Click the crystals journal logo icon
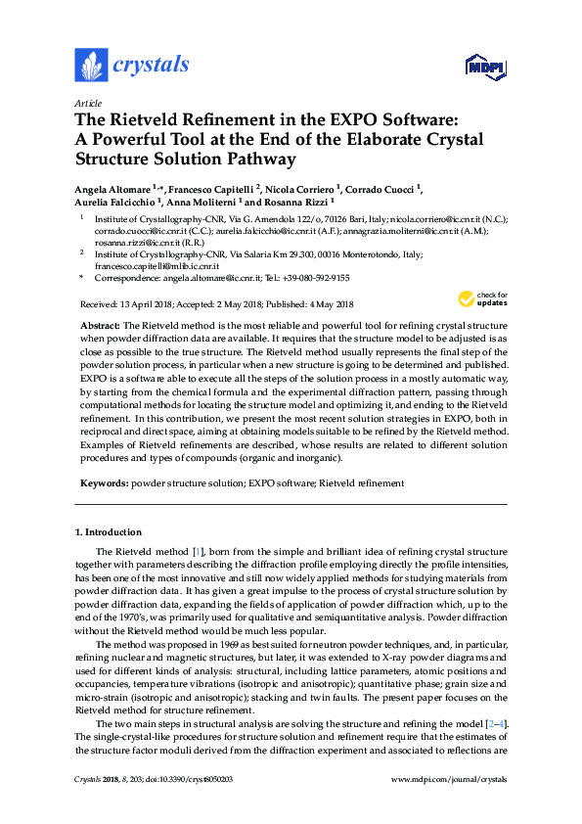(x=91, y=67)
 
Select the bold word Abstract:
(x=100, y=324)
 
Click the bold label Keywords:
(x=103, y=483)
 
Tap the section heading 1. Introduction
(x=109, y=532)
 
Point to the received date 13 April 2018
(x=146, y=304)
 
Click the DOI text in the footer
(x=201, y=778)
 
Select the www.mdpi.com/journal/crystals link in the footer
(x=449, y=778)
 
